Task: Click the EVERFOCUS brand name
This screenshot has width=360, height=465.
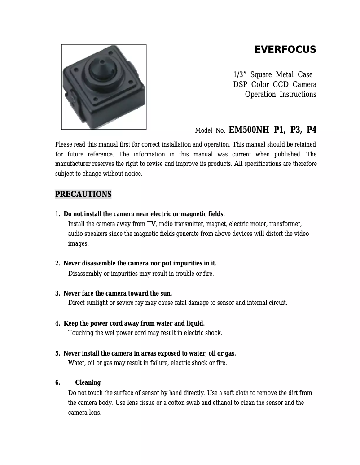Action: pyautogui.click(x=285, y=50)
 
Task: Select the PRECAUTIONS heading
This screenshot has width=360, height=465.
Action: pyautogui.click(x=83, y=194)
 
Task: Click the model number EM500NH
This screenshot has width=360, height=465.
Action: pyautogui.click(x=249, y=130)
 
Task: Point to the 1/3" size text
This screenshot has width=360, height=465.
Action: pyautogui.click(x=240, y=74)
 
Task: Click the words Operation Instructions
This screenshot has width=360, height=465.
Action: pyautogui.click(x=281, y=94)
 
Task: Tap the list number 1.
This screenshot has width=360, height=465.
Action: pyautogui.click(x=57, y=214)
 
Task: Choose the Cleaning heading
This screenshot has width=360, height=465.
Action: pyautogui.click(x=88, y=382)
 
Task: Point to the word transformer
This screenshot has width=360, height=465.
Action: pyautogui.click(x=285, y=224)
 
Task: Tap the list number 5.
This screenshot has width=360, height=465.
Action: pyautogui.click(x=57, y=353)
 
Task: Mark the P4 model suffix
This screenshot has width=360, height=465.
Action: pyautogui.click(x=311, y=130)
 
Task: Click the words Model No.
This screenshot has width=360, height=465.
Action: pyautogui.click(x=210, y=131)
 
